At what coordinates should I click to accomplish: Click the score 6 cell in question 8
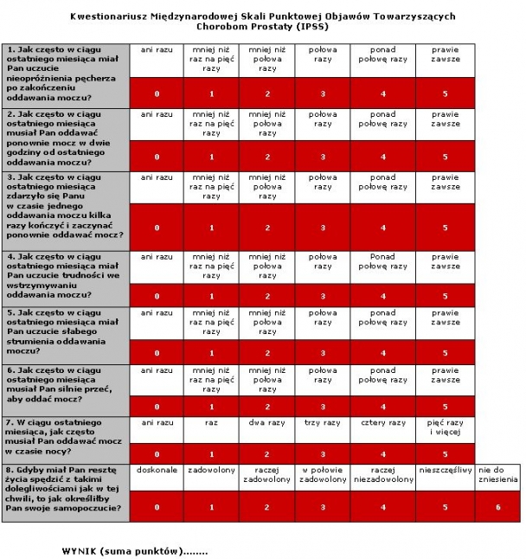[497, 506]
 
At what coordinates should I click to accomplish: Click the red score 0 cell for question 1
[157, 93]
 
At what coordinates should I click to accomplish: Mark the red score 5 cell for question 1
[446, 93]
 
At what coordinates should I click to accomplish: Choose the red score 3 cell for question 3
[323, 228]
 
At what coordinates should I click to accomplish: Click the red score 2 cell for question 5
[267, 353]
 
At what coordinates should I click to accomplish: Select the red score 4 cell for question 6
[383, 406]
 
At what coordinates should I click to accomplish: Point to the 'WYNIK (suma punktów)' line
[134, 550]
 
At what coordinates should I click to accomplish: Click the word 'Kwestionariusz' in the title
[107, 16]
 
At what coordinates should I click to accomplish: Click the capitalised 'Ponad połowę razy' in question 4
[383, 261]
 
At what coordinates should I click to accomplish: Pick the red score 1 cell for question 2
[212, 157]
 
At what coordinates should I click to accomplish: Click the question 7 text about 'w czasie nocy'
[65, 437]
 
